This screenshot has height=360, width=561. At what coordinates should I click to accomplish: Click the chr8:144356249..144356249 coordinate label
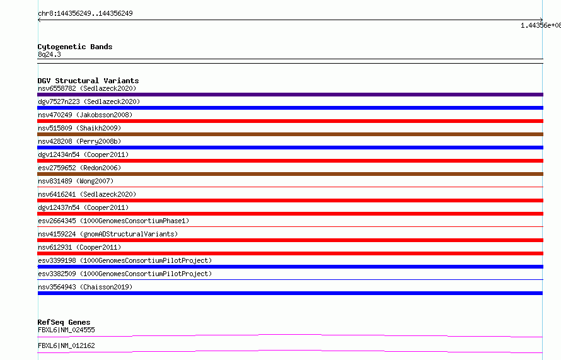coord(85,13)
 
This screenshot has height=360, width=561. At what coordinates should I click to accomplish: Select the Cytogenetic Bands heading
coord(75,47)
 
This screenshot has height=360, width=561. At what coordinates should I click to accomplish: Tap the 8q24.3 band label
coord(49,54)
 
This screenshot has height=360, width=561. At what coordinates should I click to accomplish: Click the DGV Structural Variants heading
coord(88,81)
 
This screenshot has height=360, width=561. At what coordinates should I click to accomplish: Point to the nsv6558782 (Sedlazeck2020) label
coord(87,88)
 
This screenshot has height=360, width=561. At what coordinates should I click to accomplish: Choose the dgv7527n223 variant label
coord(89,102)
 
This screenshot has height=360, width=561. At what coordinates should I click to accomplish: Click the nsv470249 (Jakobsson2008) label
coord(85,115)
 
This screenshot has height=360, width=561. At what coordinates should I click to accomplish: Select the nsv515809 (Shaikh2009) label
coord(79,128)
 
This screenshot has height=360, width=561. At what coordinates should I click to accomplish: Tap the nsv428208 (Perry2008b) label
coord(79,141)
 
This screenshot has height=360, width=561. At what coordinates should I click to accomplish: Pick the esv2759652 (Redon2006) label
coord(79,168)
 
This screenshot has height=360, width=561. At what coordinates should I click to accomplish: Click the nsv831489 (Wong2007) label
coord(76,181)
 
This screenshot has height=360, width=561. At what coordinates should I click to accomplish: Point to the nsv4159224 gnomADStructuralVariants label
coord(108,234)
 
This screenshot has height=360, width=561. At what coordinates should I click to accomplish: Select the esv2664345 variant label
coord(113,221)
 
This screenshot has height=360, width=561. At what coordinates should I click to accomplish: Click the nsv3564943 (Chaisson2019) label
coord(85,287)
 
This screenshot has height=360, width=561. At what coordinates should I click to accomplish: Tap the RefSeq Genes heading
coord(64,322)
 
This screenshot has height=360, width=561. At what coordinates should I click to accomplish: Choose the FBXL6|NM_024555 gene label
coord(66,330)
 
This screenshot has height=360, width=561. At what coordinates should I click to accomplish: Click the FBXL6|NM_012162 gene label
coord(66,345)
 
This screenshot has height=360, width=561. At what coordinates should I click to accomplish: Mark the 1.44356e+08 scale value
coord(541,25)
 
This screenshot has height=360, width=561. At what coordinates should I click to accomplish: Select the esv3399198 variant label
coord(125,260)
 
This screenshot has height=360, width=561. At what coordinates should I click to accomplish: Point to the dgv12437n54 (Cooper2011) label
coord(83,207)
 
